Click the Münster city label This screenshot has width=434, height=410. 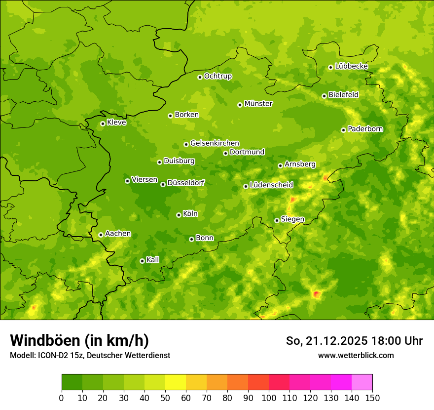click(258, 104)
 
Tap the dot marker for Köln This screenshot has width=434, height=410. click(179, 215)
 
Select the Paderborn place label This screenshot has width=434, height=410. click(365, 129)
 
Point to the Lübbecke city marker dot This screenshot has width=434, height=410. click(330, 67)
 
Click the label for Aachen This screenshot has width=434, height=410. click(118, 234)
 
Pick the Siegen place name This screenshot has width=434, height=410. click(292, 219)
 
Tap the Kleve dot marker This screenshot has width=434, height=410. click(103, 123)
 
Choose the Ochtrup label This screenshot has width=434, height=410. click(217, 76)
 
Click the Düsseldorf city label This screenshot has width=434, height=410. click(185, 183)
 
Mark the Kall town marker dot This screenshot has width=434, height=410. click(142, 261)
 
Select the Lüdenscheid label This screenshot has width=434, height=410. click(271, 185)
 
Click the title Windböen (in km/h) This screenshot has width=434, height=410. click(79, 340)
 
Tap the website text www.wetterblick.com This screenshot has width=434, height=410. click(356, 355)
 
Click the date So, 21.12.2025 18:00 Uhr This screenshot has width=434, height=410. click(354, 341)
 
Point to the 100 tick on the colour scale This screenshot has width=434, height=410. click(269, 397)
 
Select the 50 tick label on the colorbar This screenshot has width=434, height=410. click(165, 397)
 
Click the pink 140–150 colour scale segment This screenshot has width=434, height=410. click(362, 382)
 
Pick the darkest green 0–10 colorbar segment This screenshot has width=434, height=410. click(72, 382)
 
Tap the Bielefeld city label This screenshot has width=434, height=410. click(343, 94)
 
